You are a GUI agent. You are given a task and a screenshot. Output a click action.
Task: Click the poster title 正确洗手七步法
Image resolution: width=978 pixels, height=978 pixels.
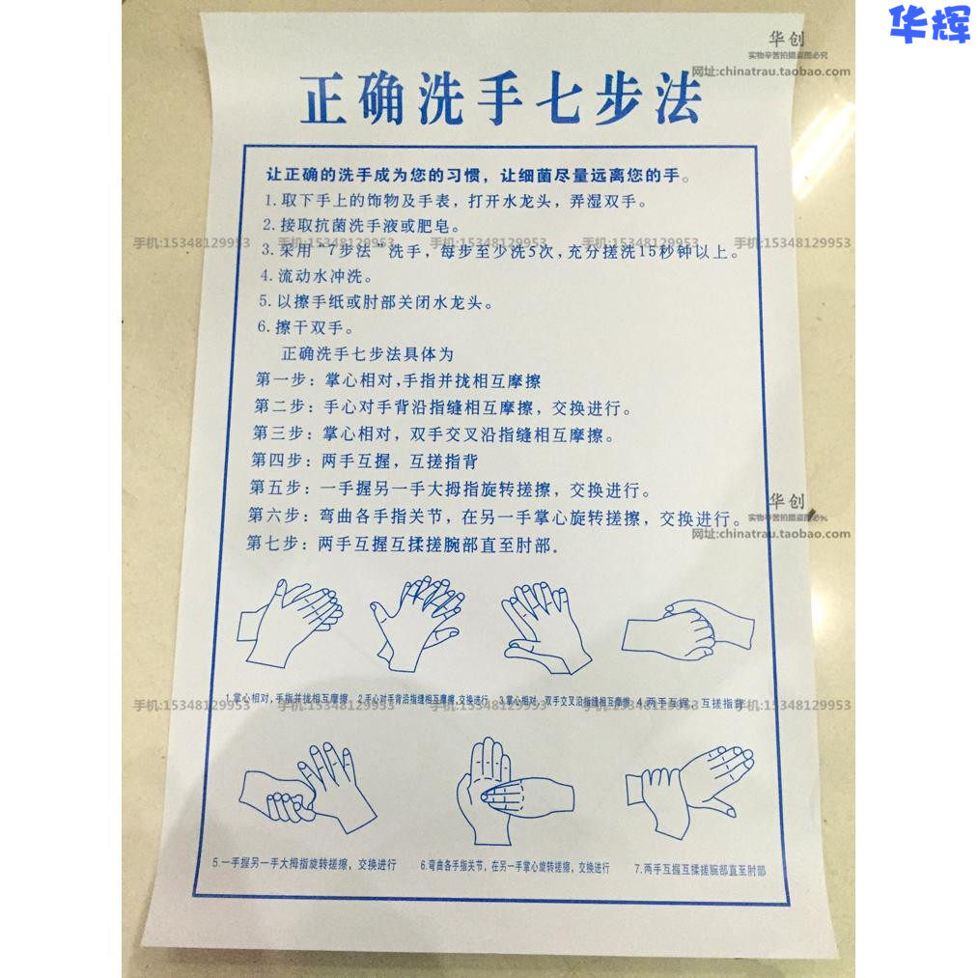tap(500, 99)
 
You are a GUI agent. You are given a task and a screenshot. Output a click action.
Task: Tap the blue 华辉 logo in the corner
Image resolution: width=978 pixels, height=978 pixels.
tap(929, 24)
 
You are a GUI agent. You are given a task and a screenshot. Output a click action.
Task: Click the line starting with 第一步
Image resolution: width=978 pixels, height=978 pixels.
tap(398, 381)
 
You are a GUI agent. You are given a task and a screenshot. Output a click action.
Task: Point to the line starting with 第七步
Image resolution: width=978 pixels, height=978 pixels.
tap(403, 545)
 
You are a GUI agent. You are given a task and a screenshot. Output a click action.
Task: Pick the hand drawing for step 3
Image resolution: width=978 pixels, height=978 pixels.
tap(545, 626)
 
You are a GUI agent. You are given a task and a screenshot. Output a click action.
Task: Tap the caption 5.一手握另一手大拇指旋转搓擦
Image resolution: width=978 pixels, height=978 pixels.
tap(304, 864)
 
